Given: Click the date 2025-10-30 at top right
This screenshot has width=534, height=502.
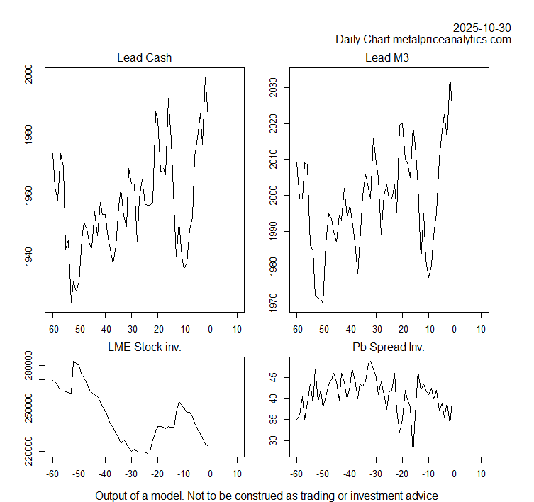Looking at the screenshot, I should coord(482,28).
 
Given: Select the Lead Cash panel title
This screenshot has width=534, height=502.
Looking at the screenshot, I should coord(144,58).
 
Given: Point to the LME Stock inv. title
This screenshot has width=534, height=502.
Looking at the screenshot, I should coord(144,347).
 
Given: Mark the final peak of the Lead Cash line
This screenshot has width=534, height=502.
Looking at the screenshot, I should coord(205,77).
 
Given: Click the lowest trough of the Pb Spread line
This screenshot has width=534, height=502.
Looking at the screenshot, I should coord(413,452).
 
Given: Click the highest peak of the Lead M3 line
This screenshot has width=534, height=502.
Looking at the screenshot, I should coord(449,77).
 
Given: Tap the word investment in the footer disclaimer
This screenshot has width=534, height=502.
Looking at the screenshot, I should coord(362,496).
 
